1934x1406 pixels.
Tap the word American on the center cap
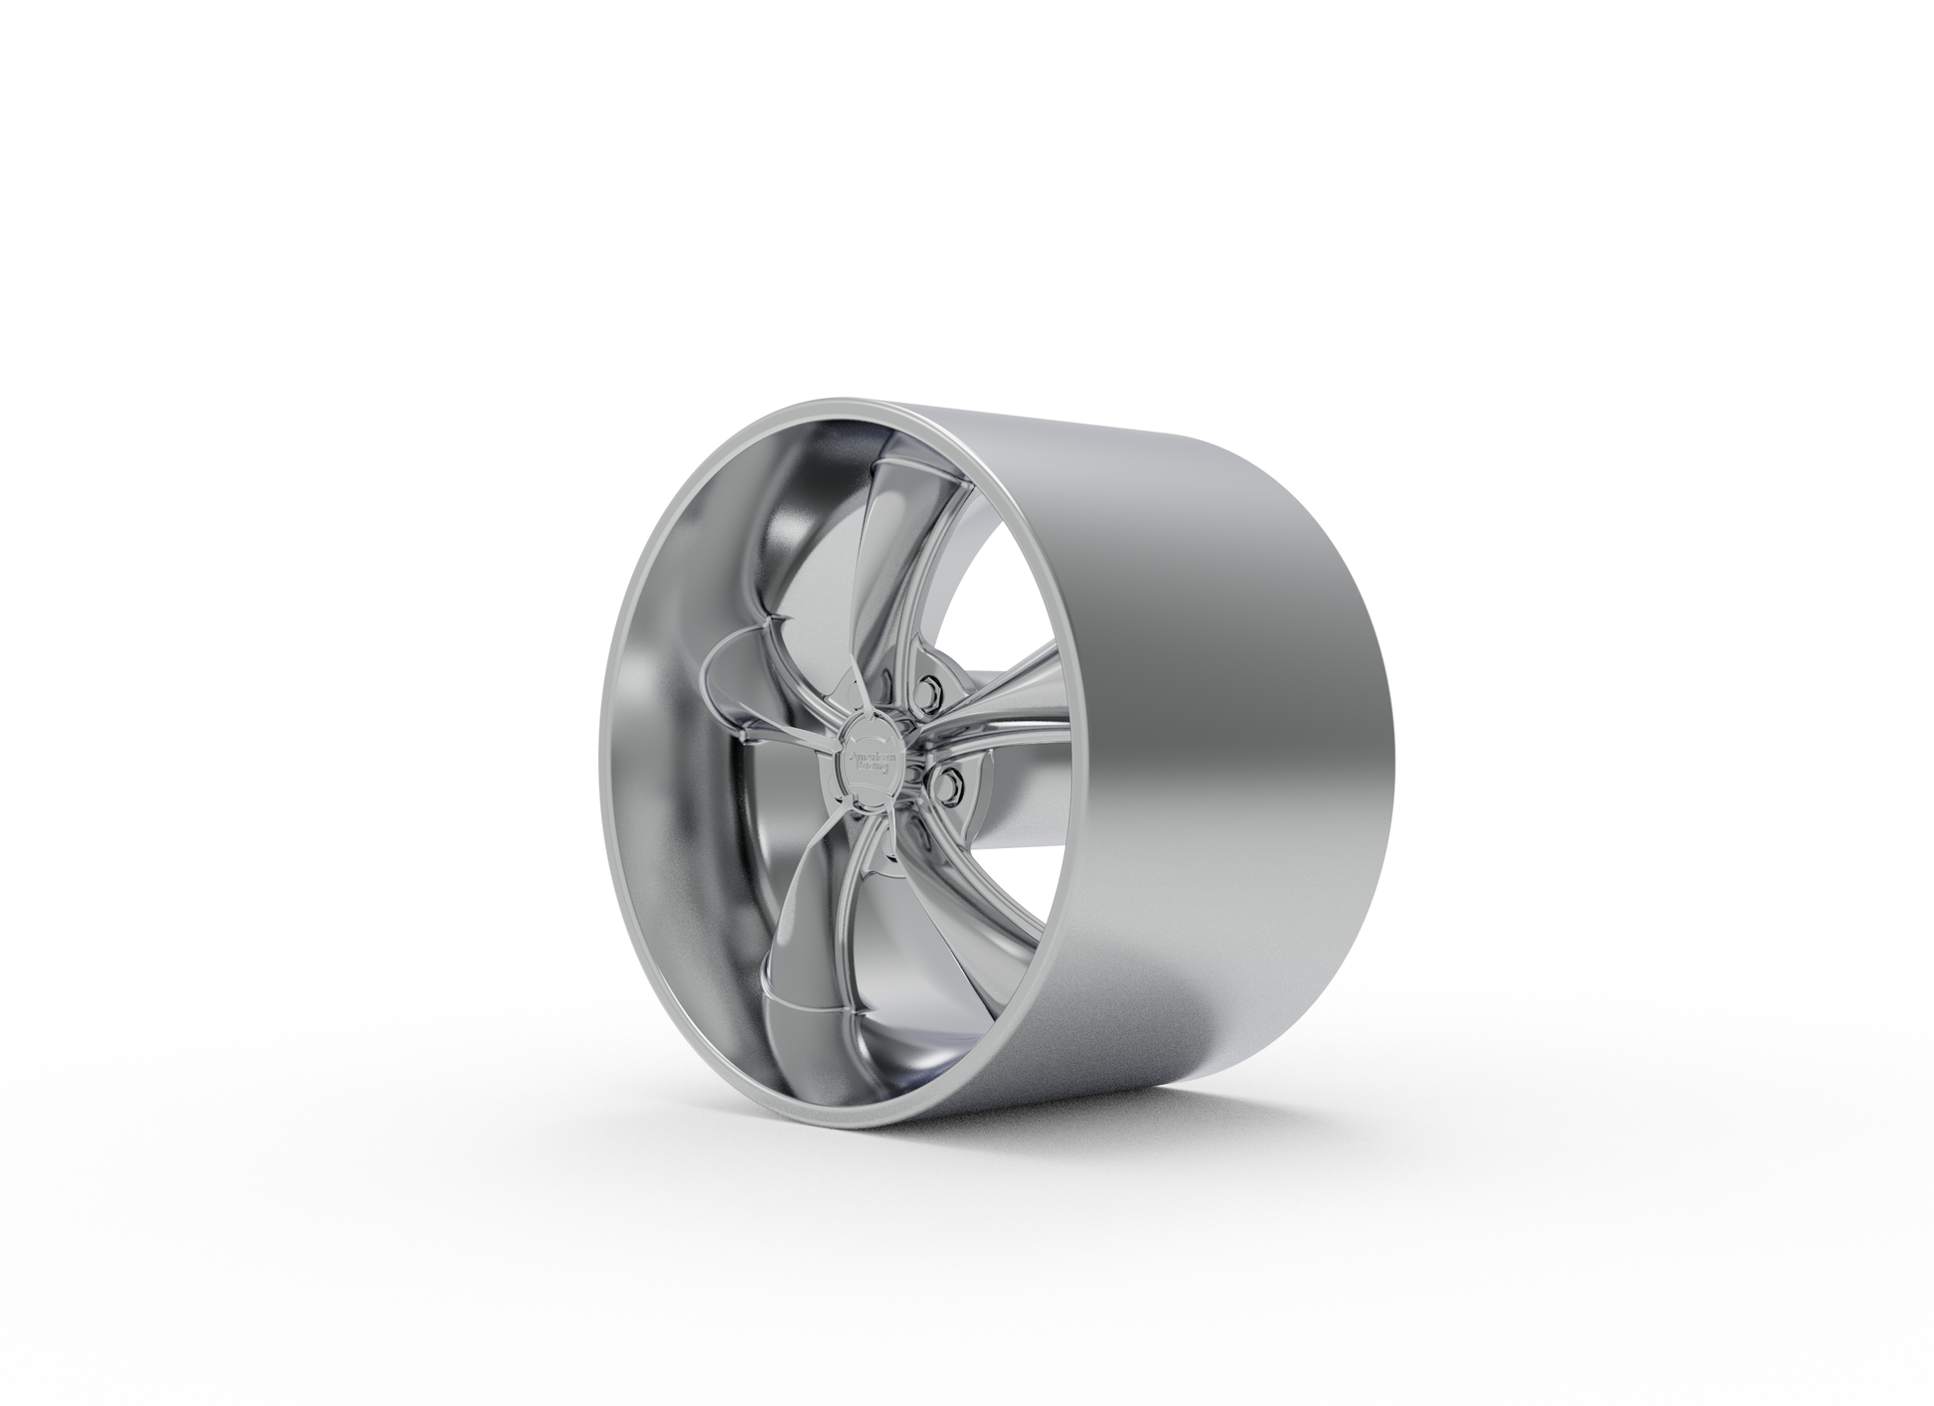(x=872, y=755)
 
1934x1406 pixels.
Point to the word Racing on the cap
(x=872, y=767)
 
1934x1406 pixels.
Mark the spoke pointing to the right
(x=1004, y=696)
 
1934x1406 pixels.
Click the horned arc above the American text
(x=872, y=740)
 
